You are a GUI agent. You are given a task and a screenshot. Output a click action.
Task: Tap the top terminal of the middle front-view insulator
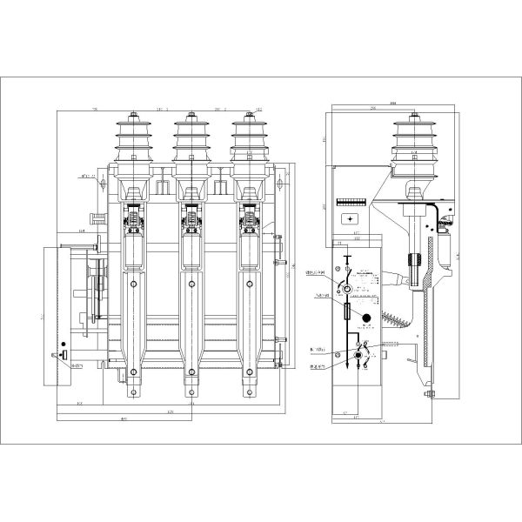tap(191, 114)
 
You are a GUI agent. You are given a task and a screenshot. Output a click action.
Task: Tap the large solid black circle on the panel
tap(366, 318)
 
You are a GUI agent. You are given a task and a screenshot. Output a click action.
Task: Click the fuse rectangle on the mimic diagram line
tap(349, 311)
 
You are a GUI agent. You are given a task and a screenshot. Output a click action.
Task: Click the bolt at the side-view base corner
tap(431, 396)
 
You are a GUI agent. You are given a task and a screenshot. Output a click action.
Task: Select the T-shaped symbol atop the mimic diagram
tap(348, 258)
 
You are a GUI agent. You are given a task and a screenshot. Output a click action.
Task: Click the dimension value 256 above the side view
tap(372, 109)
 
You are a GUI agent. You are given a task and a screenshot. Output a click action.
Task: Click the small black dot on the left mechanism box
tap(64, 346)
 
